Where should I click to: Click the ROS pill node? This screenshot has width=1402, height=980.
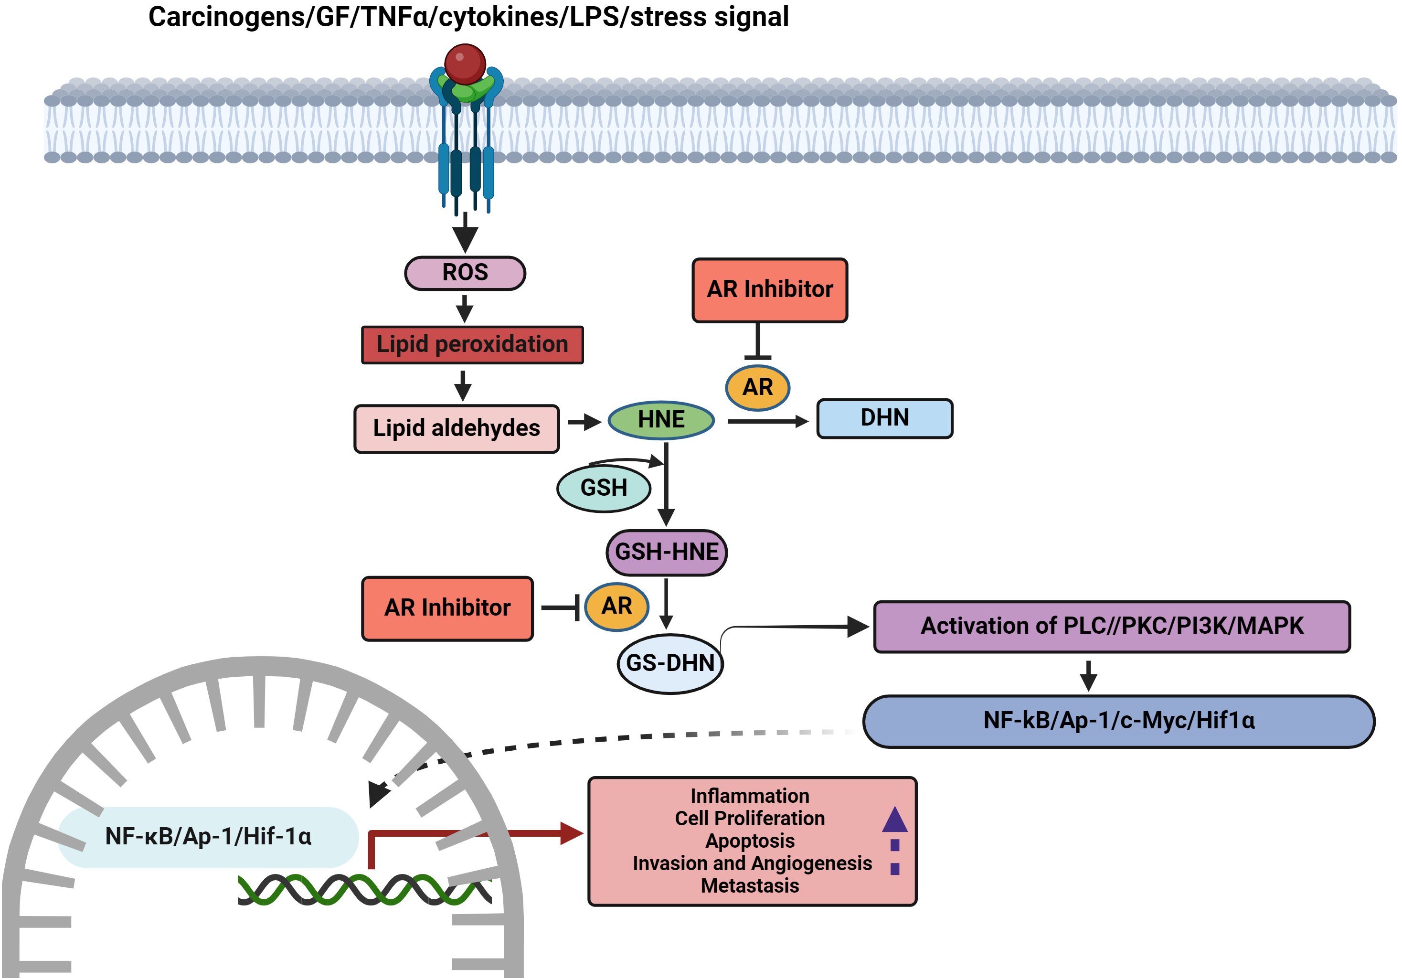click(465, 273)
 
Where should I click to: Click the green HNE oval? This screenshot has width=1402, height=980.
click(661, 420)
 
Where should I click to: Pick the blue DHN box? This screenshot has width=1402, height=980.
click(884, 418)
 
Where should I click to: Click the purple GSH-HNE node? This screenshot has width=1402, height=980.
click(666, 552)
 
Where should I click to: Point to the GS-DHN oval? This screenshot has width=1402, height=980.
click(670, 663)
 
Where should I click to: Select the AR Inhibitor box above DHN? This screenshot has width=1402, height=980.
click(769, 289)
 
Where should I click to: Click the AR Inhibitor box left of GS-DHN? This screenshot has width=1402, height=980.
click(447, 608)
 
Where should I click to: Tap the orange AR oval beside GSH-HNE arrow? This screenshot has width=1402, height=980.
click(617, 607)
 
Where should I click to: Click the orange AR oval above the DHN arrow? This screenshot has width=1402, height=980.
click(757, 387)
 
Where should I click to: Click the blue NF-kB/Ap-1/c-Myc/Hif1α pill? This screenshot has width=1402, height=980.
click(1119, 721)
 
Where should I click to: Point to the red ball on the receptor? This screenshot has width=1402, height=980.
click(465, 64)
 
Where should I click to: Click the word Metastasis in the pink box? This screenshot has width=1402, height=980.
click(749, 885)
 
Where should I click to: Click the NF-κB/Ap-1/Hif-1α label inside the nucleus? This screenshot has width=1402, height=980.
click(208, 837)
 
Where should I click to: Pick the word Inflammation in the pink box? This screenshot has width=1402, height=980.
click(749, 796)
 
